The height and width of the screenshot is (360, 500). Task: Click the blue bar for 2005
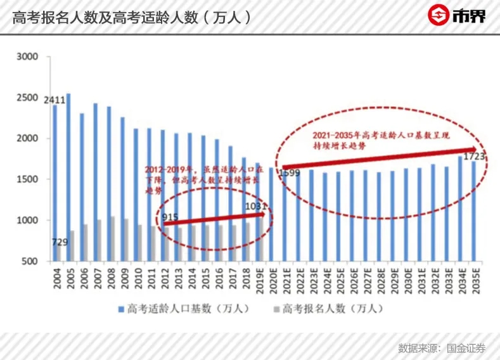point(68,177)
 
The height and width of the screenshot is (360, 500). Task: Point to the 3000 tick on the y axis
point(28,57)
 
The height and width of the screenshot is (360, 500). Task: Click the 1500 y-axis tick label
point(28,179)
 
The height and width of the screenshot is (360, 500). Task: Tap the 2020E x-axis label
point(272,279)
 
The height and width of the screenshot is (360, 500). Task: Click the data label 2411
point(54,100)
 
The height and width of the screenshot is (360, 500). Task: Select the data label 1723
point(474,155)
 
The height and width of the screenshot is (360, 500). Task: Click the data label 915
point(169,217)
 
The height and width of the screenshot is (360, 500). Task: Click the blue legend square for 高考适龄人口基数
point(120,310)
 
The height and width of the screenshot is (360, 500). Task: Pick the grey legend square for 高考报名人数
point(276,310)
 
